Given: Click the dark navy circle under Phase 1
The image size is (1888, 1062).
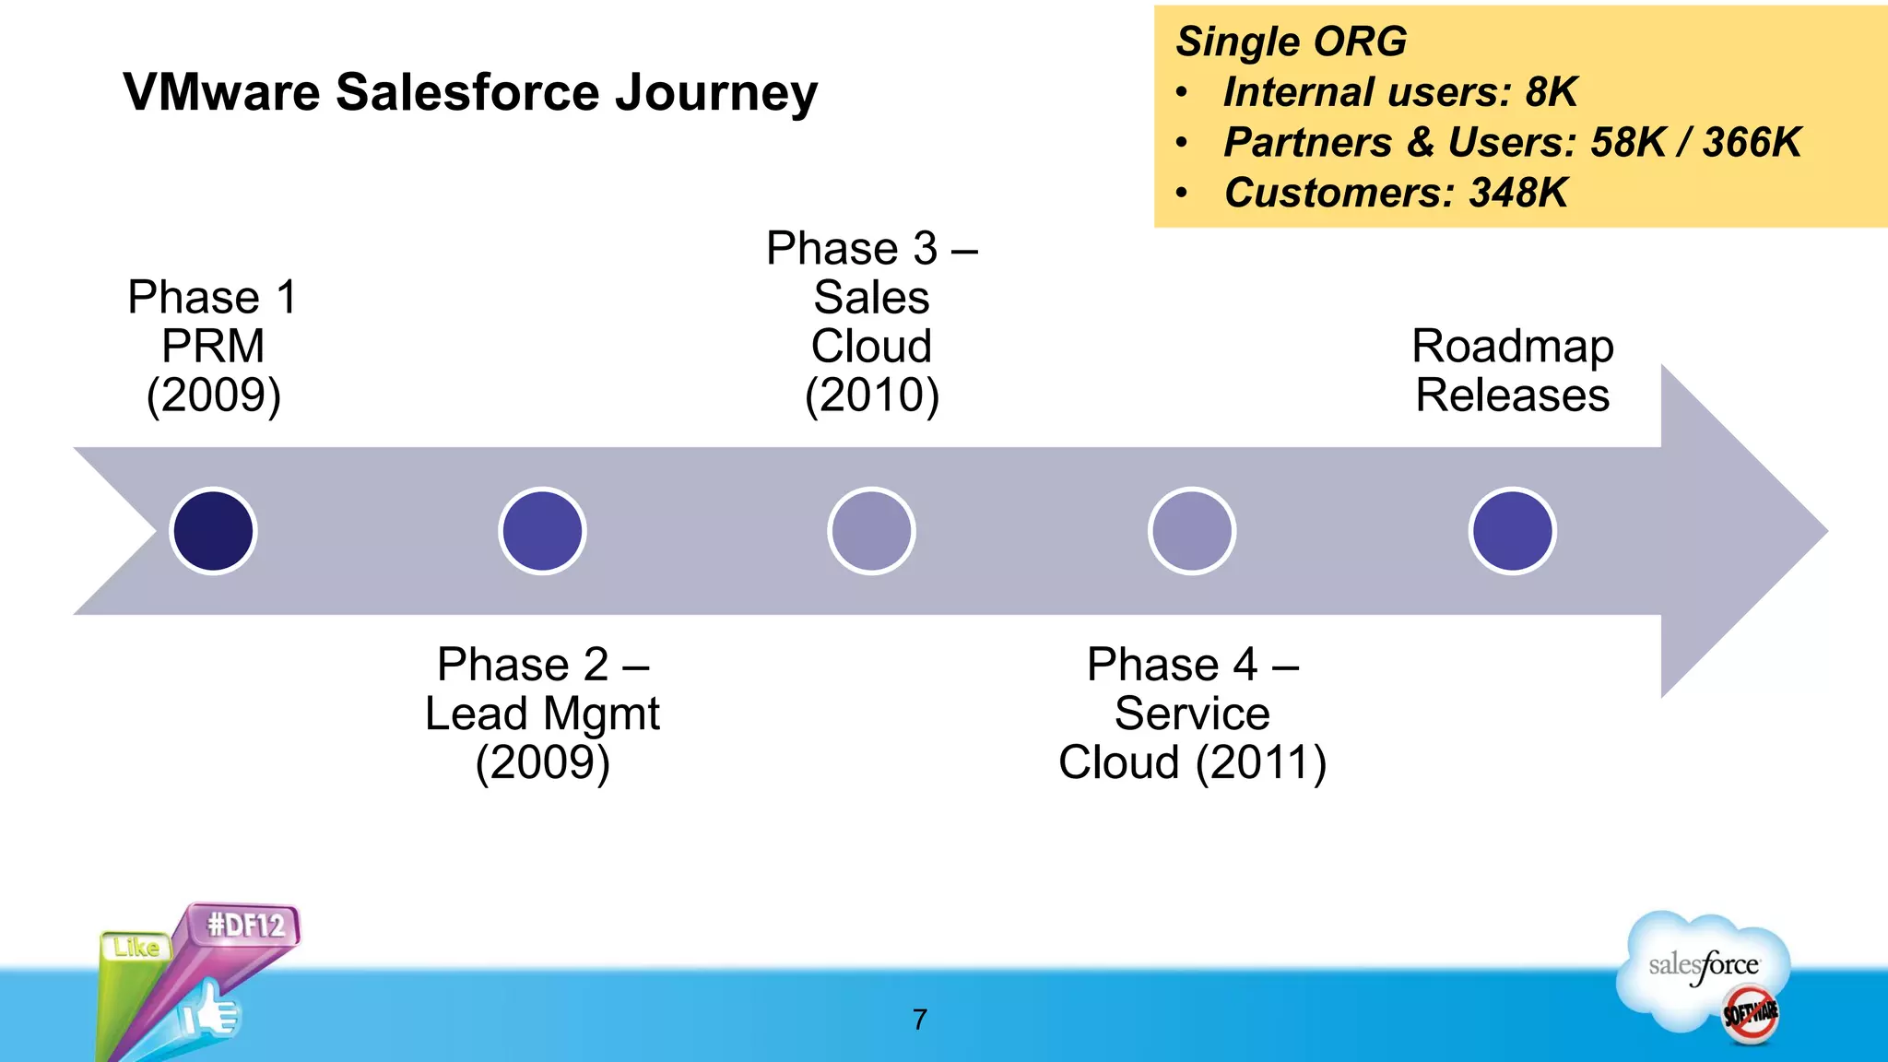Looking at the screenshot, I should [x=213, y=531].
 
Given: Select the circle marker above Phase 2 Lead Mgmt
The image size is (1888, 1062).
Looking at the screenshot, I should [x=542, y=531].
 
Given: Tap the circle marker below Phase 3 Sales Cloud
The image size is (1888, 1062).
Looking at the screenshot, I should [x=871, y=531].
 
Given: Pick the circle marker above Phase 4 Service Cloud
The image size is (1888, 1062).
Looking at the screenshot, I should [x=1192, y=531].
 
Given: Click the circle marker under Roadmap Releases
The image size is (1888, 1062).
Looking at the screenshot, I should [x=1512, y=531].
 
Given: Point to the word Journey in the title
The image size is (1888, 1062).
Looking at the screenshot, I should [x=716, y=94].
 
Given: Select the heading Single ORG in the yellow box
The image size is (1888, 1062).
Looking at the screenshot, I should [x=1291, y=41].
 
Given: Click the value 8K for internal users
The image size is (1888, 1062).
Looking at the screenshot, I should [x=1552, y=92].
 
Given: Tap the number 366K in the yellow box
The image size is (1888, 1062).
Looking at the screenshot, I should [x=1751, y=142].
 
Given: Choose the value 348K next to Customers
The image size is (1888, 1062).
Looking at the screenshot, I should [x=1517, y=193].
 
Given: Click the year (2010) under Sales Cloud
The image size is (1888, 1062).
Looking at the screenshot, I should [x=871, y=395].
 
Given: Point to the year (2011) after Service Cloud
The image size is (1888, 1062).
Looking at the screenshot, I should [x=1260, y=762].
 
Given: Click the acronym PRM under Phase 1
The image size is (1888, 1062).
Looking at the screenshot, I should [x=213, y=347].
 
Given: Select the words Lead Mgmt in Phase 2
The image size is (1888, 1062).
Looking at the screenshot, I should [x=542, y=714].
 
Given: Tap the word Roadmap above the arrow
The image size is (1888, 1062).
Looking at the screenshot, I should [x=1512, y=347].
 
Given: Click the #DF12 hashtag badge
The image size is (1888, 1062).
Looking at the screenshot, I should [x=245, y=925].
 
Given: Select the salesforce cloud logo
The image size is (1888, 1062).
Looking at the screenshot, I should [x=1704, y=968].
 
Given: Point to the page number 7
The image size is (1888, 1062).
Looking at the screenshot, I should [x=919, y=1019].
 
